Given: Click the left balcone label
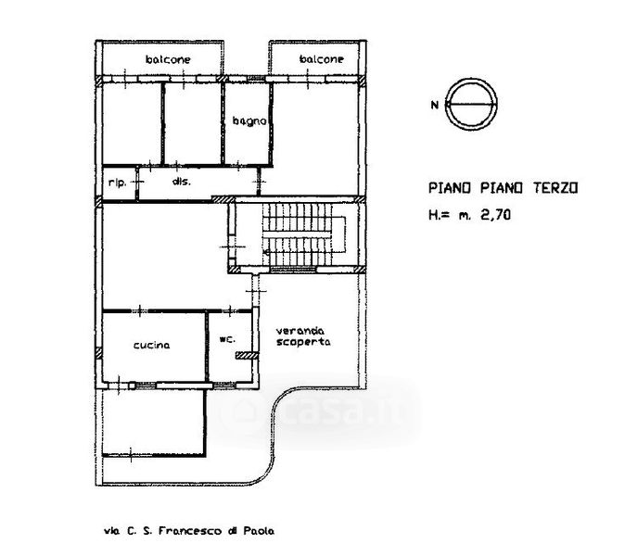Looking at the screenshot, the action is [168, 59].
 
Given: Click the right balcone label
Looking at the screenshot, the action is [321, 59].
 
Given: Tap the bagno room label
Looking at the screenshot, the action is [249, 120].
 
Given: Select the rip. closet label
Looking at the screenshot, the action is [117, 183].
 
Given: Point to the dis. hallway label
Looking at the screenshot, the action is [182, 182].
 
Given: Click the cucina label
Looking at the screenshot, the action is [151, 345].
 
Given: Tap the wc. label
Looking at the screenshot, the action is [227, 339].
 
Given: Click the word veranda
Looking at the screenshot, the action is [300, 331].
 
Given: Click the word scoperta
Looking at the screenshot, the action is [303, 342].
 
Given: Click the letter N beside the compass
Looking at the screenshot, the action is [435, 105].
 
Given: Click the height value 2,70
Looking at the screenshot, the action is [495, 215].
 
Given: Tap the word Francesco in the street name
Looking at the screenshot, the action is [190, 531].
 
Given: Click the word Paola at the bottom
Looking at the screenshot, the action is [259, 531].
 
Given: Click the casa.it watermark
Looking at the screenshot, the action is [319, 411].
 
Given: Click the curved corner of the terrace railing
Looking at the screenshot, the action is [273, 414].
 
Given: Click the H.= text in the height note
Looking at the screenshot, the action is [439, 215].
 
